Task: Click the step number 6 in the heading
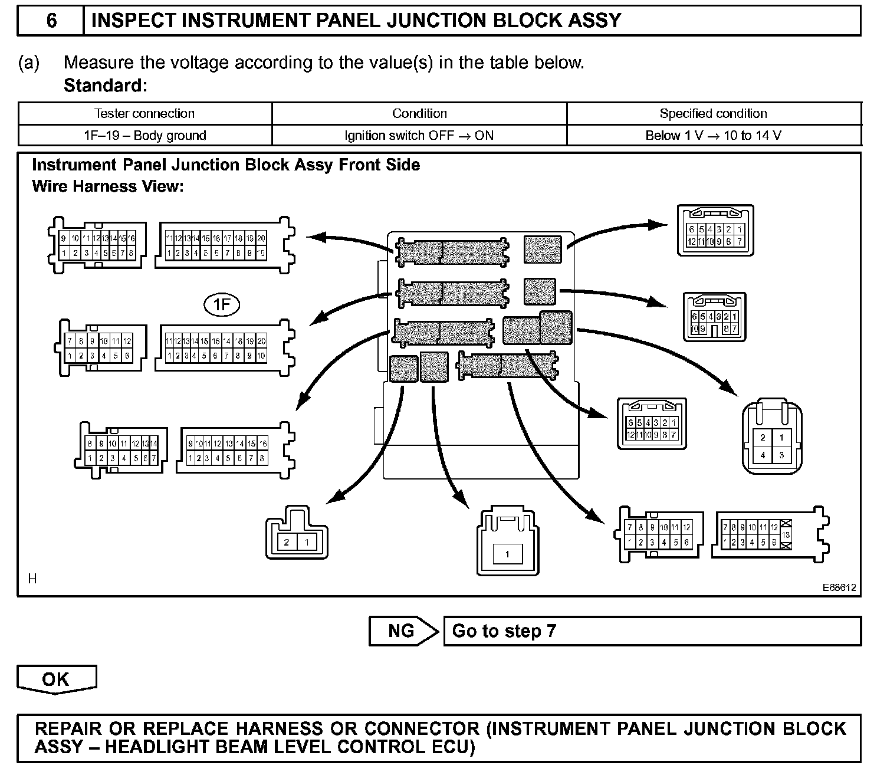pos(51,21)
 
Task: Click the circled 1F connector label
pos(222,304)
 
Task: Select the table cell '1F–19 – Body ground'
pos(145,136)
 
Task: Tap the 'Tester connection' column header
pos(144,113)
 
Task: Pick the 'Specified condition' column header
pos(713,113)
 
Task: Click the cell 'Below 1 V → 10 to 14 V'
pos(713,136)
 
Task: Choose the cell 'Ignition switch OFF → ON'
pos(419,136)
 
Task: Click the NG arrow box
pos(402,631)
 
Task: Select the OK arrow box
pos(56,679)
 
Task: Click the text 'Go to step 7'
pos(504,631)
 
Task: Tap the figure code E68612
pos(840,587)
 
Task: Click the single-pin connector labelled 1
pos(507,554)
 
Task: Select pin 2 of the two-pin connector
pos(287,543)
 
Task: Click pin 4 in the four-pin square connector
pos(763,455)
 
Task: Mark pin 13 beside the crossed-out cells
pos(786,535)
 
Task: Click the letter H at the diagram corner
pos(32,579)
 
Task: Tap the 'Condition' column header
pos(419,113)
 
